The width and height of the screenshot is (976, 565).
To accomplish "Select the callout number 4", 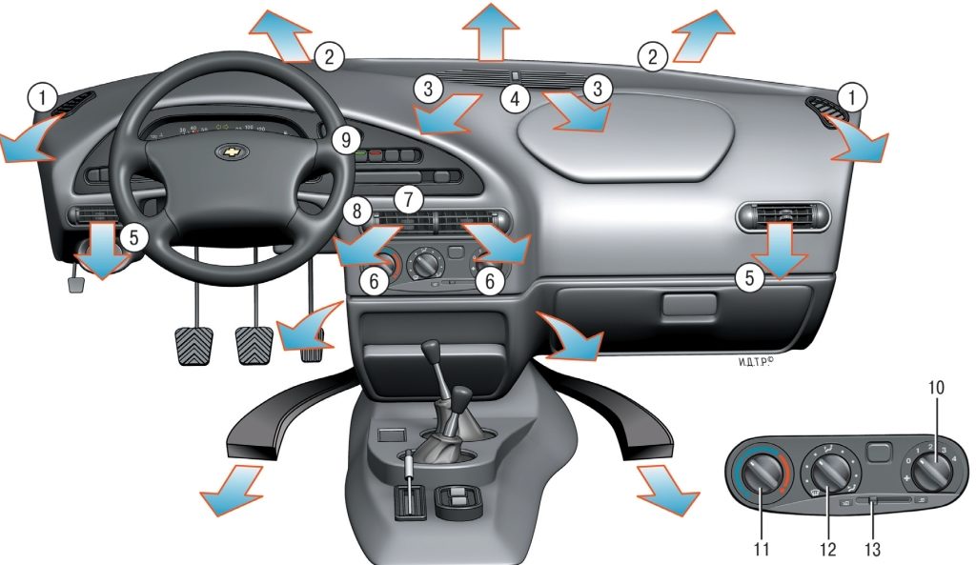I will pyautogui.click(x=514, y=96).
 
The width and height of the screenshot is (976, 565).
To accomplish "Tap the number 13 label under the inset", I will pyautogui.click(x=872, y=549).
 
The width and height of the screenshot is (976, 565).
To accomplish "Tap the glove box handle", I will pyautogui.click(x=688, y=305).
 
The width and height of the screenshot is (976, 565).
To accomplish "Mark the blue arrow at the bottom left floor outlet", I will pyautogui.click(x=231, y=489).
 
